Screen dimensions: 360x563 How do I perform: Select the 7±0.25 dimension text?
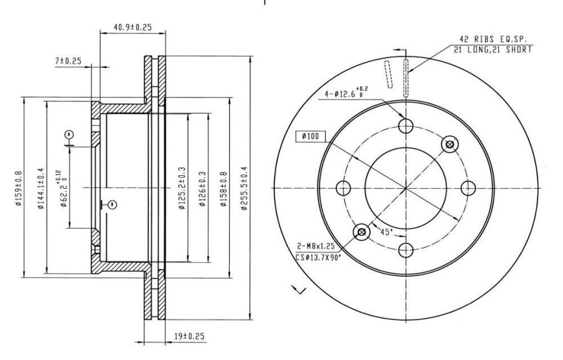pyautogui.click(x=69, y=61)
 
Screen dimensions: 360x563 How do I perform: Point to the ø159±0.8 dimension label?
pyautogui.click(x=19, y=189)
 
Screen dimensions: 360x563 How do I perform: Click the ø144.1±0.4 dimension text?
pyautogui.click(x=41, y=189)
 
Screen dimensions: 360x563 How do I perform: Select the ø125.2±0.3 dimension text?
pyautogui.click(x=182, y=189)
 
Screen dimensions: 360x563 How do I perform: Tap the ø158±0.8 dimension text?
pyautogui.click(x=224, y=189)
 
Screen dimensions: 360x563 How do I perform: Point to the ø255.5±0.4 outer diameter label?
pyautogui.click(x=244, y=189)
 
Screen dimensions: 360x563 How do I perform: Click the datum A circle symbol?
pyautogui.click(x=69, y=135)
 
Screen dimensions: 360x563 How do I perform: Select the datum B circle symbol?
pyautogui.click(x=111, y=205)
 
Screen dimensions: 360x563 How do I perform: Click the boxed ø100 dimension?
pyautogui.click(x=311, y=136)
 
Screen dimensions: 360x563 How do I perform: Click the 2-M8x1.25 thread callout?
pyautogui.click(x=318, y=246)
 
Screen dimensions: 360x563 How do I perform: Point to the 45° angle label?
pyautogui.click(x=386, y=232)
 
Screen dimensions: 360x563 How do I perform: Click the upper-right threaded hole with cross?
pyautogui.click(x=450, y=145)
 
